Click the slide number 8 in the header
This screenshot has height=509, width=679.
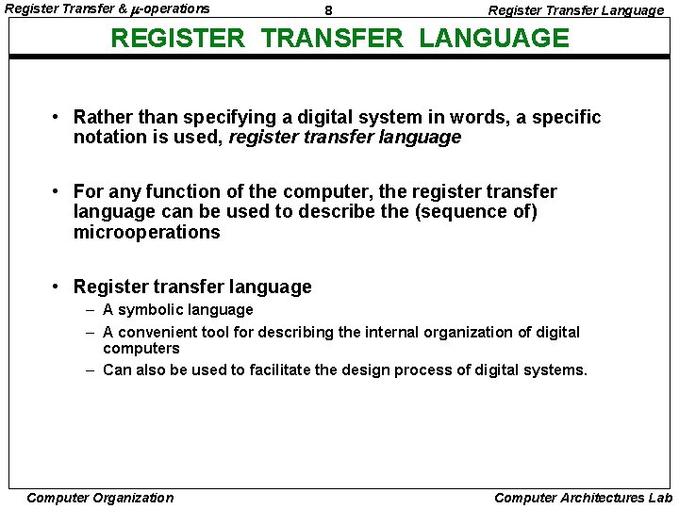(328, 10)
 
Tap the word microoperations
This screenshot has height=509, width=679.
(146, 232)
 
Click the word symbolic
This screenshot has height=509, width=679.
(151, 310)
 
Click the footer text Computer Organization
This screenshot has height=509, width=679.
(100, 498)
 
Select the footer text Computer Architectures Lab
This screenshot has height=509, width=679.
(583, 498)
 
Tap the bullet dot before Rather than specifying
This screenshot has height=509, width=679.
(58, 118)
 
